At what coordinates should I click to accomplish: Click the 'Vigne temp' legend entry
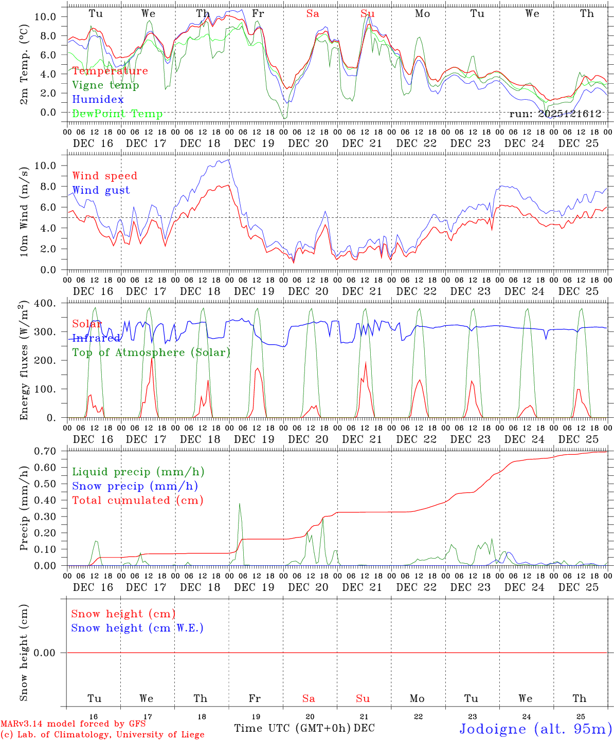[105, 85]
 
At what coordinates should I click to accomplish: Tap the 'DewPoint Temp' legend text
[117, 114]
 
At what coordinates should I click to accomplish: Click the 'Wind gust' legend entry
[101, 190]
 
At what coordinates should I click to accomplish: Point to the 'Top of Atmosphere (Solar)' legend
[151, 353]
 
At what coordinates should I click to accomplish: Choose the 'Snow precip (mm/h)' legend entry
[135, 486]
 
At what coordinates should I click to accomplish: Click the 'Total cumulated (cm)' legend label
[138, 501]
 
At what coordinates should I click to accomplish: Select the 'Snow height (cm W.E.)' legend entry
[137, 628]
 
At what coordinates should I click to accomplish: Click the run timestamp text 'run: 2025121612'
[555, 114]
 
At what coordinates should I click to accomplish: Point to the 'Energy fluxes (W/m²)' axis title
[24, 361]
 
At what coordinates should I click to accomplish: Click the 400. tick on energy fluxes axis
[46, 304]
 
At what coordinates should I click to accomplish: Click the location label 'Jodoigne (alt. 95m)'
[535, 729]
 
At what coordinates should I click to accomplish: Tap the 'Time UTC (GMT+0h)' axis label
[293, 728]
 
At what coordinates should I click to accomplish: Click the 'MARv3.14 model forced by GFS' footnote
[73, 724]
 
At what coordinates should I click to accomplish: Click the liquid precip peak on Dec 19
[240, 504]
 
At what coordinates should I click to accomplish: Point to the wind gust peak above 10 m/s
[229, 160]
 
